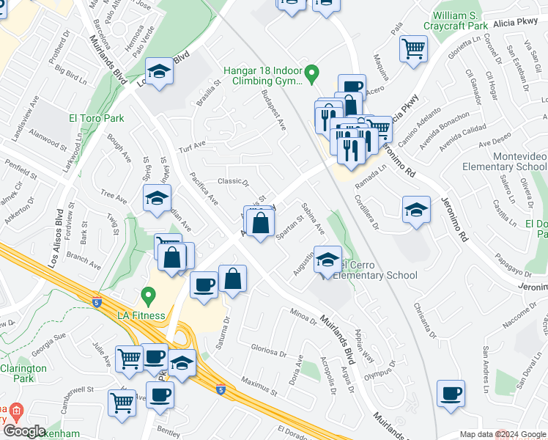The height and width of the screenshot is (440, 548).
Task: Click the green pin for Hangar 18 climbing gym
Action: point(312,73)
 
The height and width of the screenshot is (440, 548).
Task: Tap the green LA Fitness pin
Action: point(149,297)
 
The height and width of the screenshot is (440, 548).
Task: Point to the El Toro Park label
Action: point(97,117)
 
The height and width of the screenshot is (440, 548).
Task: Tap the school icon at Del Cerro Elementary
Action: point(327,259)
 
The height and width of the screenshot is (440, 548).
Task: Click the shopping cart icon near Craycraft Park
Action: point(413,49)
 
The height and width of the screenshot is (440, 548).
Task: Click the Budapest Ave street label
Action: point(272,111)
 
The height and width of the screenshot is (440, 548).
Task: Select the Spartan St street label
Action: point(291,227)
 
